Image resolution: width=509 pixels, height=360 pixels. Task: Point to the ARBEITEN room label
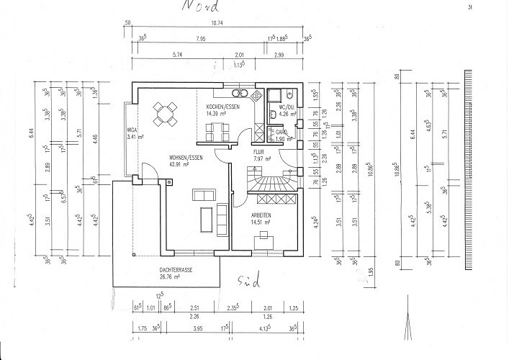pyautogui.click(x=261, y=215)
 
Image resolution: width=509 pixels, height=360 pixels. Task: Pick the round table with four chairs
pyautogui.click(x=166, y=111)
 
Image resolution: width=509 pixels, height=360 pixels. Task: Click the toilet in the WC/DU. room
pyautogui.click(x=287, y=94)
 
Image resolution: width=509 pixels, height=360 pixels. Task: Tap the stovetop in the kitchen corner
pyautogui.click(x=240, y=94)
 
